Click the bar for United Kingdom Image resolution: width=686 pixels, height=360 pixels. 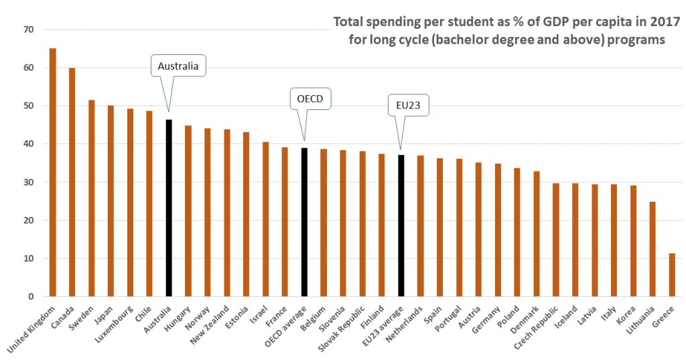click(53, 172)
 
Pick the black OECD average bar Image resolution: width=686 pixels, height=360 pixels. click(304, 222)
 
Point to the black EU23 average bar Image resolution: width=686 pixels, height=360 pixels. click(401, 225)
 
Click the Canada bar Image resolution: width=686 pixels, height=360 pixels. click(72, 182)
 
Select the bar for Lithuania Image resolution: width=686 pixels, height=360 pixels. click(653, 249)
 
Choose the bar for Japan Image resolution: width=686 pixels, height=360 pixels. click(111, 200)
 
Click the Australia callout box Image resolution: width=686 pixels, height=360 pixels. click(178, 66)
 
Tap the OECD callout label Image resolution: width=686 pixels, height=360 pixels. click(310, 100)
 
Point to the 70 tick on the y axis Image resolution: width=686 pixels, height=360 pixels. click(27, 29)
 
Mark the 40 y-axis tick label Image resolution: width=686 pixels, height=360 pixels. click(27, 144)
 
